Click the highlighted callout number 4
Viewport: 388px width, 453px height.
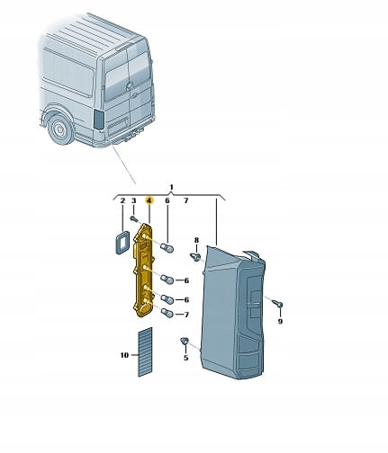149,200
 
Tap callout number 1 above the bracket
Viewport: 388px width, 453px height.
171,188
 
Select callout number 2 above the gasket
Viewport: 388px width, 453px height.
122,200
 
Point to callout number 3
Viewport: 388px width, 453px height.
134,200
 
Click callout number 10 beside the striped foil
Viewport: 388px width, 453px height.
124,355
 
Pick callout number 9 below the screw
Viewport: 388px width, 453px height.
280,322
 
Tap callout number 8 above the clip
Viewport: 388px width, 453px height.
196,240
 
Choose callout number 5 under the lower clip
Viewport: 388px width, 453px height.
186,358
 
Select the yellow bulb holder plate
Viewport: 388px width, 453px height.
143,270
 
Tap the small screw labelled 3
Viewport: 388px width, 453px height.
134,219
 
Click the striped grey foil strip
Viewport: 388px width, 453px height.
145,352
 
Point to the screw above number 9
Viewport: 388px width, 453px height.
278,304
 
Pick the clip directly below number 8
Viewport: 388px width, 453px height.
195,256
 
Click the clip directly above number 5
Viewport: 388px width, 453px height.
185,341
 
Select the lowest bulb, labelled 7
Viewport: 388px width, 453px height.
167,314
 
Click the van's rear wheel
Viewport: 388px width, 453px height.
59,129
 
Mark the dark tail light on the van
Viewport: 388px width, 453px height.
99,120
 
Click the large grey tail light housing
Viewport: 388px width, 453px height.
233,312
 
